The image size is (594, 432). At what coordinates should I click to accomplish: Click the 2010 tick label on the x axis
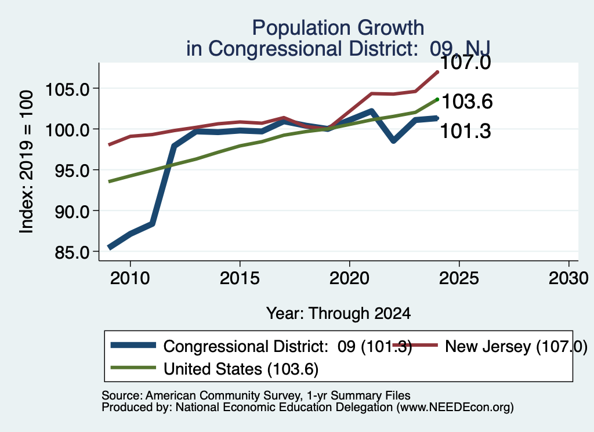(130, 278)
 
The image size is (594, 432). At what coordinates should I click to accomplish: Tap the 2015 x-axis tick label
(240, 278)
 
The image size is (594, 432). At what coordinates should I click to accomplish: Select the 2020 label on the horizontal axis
(349, 278)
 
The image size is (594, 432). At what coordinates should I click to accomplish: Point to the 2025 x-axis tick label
(459, 278)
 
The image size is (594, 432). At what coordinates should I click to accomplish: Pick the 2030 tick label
(568, 278)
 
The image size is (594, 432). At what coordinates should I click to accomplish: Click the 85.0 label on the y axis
(72, 252)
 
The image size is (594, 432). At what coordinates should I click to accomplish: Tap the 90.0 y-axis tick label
(72, 211)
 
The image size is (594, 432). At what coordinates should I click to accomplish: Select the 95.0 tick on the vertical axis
(72, 170)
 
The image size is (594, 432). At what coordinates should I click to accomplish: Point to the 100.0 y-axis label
(67, 130)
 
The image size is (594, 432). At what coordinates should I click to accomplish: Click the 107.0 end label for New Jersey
(466, 63)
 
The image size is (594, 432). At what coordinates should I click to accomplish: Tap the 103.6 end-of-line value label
(467, 101)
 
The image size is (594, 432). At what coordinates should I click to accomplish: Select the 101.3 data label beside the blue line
(466, 131)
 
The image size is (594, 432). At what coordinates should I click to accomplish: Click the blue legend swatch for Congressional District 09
(133, 345)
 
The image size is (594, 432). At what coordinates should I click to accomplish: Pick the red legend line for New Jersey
(415, 345)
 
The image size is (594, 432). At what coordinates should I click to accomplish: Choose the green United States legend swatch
(133, 368)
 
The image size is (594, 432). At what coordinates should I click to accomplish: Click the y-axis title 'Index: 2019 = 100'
(26, 162)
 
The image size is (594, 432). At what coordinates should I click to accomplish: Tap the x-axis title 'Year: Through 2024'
(338, 314)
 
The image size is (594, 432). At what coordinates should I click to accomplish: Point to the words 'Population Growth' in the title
(338, 28)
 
